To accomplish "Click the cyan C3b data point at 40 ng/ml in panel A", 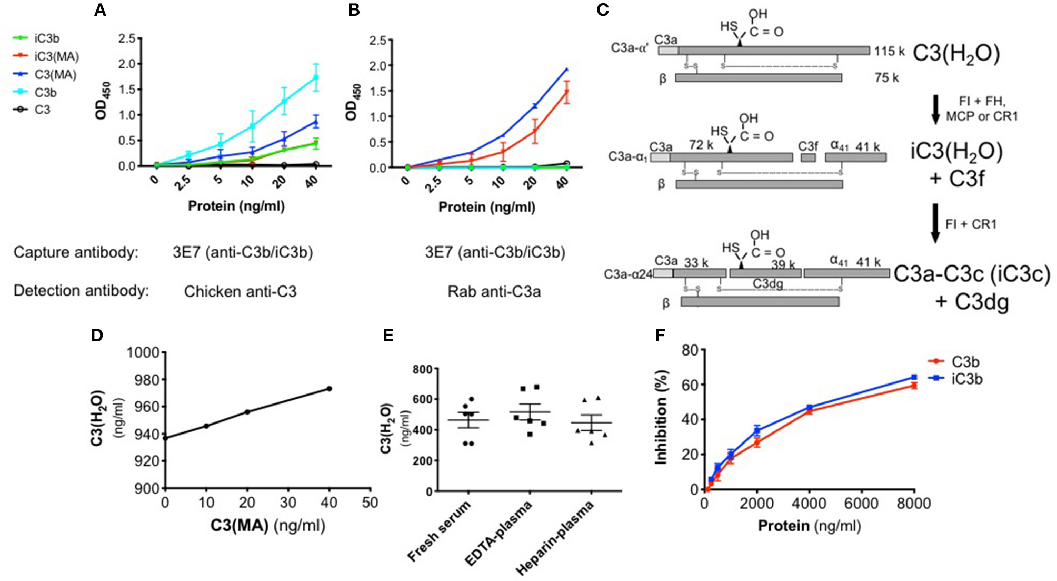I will tap(316, 77).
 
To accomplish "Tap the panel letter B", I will tap(354, 10).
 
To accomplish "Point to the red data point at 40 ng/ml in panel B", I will tap(567, 92).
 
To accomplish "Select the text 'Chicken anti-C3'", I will tap(240, 291).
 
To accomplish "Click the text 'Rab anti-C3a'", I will tap(494, 291).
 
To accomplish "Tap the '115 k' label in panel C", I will tap(889, 52).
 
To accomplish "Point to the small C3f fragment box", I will tap(808, 157).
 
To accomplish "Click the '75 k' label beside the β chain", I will tap(886, 78).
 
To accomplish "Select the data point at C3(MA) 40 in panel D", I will tap(330, 389).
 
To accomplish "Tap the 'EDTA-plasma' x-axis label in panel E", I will tap(498, 533).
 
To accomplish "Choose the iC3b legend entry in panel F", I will tap(966, 379).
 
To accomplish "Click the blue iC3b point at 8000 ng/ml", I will tap(914, 377).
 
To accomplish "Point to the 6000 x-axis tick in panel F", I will tap(861, 504).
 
